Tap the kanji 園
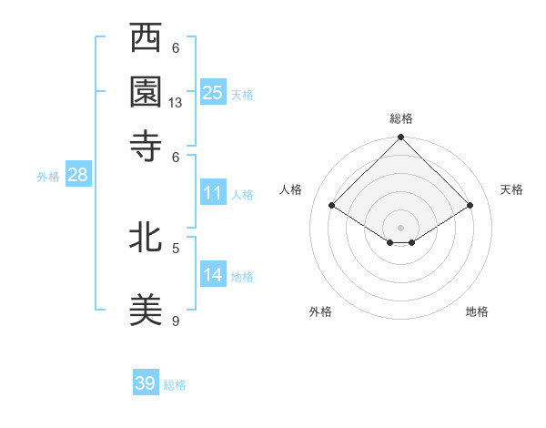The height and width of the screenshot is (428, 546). [146, 92]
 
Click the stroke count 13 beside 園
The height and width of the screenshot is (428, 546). [176, 104]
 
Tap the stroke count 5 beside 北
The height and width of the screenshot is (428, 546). [176, 247]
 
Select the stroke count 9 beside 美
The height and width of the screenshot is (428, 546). [176, 321]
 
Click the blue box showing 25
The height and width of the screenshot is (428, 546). [213, 92]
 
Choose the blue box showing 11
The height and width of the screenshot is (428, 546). [213, 193]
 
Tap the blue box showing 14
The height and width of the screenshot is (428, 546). [213, 275]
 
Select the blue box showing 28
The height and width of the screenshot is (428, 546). [77, 176]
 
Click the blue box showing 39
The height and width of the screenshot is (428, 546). [146, 383]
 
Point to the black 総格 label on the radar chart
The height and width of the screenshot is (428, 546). [400, 119]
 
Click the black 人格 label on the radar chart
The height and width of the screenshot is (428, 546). [291, 189]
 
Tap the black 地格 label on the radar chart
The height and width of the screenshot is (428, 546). [477, 311]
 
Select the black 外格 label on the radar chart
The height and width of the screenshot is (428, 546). [320, 311]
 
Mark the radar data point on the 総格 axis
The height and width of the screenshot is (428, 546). [400, 139]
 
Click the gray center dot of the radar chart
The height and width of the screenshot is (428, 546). [400, 227]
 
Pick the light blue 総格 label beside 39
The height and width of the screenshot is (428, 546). [175, 385]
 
